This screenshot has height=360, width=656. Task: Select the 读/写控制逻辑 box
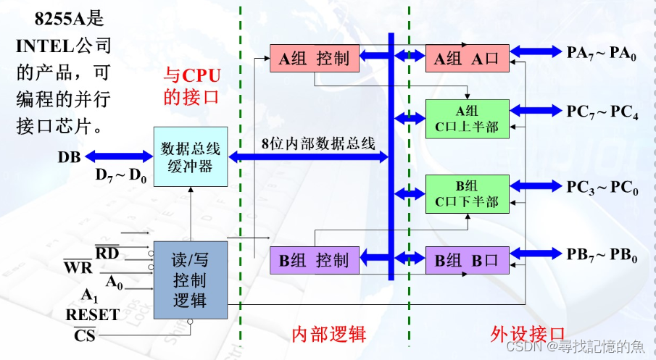(x=190, y=280)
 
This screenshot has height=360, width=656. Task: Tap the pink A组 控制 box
(x=315, y=59)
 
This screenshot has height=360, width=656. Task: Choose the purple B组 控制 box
(x=315, y=259)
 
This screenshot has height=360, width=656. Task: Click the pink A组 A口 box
(x=467, y=59)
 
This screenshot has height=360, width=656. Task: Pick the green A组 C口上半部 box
(x=467, y=118)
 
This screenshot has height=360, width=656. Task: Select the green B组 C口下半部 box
(x=467, y=193)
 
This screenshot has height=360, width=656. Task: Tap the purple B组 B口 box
(x=467, y=259)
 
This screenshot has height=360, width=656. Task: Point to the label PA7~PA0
(x=601, y=52)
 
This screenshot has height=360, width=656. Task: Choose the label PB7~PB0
(x=601, y=254)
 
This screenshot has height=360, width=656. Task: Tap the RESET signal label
(x=92, y=314)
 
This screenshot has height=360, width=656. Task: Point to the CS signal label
(x=85, y=334)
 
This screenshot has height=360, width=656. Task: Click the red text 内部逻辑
(x=328, y=334)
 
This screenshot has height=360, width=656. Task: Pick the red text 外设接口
(x=528, y=334)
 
